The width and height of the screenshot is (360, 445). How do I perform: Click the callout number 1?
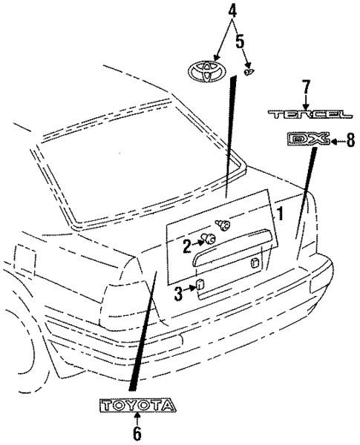pos(280,214)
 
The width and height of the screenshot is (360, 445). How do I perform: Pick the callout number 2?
pos(188,243)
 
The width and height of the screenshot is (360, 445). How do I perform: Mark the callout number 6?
pos(136,430)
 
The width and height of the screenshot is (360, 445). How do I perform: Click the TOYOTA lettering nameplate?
pos(138,405)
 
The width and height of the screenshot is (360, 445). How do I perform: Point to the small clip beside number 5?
pos(249,72)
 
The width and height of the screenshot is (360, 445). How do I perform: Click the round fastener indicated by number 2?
pos(210,239)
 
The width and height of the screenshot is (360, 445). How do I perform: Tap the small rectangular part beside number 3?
pos(199,287)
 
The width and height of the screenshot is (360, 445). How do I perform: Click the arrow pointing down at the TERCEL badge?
pos(304,100)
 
